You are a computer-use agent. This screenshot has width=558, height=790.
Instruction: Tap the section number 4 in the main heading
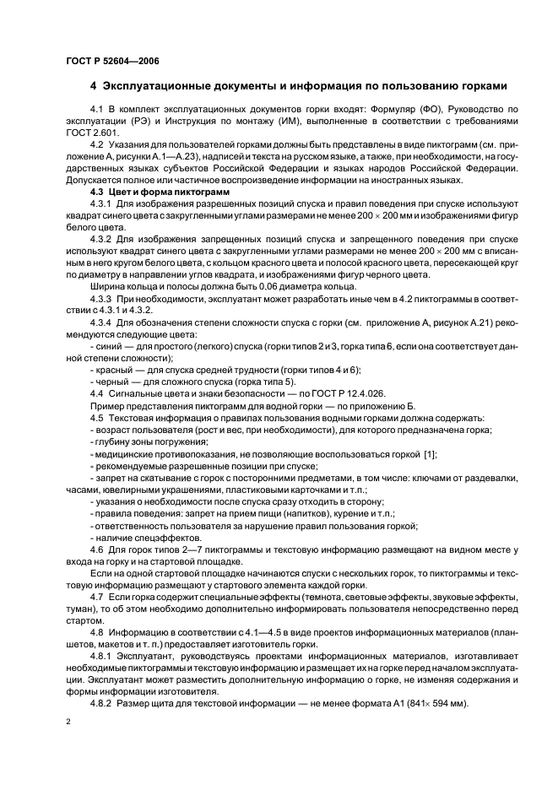tap(93, 86)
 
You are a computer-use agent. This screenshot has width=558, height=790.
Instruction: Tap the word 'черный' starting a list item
tap(111, 382)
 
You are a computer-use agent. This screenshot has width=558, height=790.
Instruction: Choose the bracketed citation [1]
tap(430, 454)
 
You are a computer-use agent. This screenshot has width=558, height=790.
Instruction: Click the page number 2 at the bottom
tap(68, 723)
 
